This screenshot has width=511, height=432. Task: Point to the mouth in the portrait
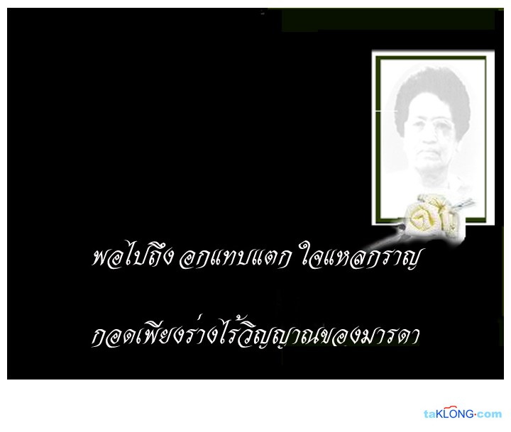click(431, 153)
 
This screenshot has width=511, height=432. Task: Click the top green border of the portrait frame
click(431, 58)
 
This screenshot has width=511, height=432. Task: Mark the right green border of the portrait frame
click(485, 140)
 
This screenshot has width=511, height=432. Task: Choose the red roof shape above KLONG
click(451, 408)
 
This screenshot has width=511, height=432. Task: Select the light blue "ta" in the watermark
click(430, 415)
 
